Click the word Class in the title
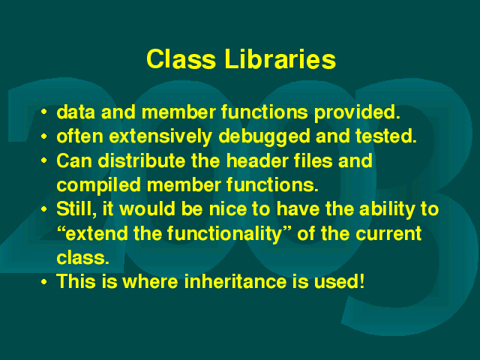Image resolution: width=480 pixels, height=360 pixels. [x=181, y=59]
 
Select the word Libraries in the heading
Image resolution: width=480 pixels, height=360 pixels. [x=280, y=59]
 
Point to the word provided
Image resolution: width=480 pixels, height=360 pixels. [x=357, y=112]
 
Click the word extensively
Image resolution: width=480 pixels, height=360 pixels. [x=160, y=136]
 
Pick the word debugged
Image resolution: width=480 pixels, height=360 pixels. [x=264, y=136]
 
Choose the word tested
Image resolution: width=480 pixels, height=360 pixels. [x=385, y=136]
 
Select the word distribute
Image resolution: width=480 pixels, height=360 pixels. [x=142, y=160]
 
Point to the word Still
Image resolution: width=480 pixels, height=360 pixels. [x=76, y=209]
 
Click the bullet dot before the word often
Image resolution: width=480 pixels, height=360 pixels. [x=44, y=136]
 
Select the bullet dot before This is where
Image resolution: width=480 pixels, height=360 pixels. [x=44, y=282]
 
